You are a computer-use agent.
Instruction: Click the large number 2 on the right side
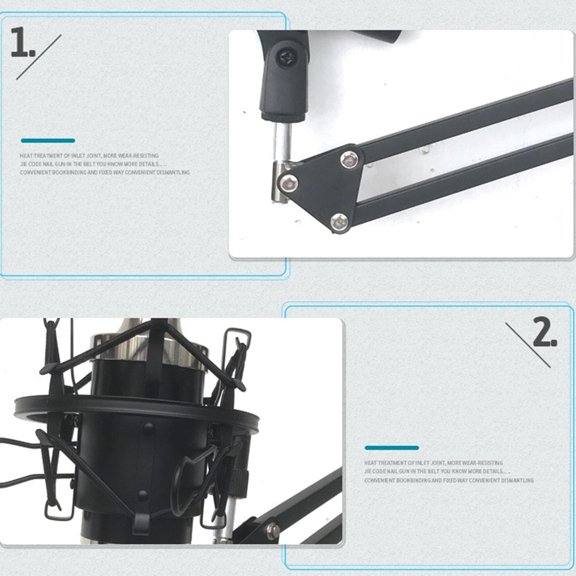[x=543, y=333]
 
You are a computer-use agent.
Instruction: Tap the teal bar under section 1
[x=47, y=141]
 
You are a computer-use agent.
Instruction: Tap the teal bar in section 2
[x=391, y=448]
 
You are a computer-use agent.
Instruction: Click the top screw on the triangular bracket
[x=349, y=157]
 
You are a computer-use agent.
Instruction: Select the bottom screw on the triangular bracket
[x=339, y=221]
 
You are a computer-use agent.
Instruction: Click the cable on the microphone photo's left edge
[x=14, y=470]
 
